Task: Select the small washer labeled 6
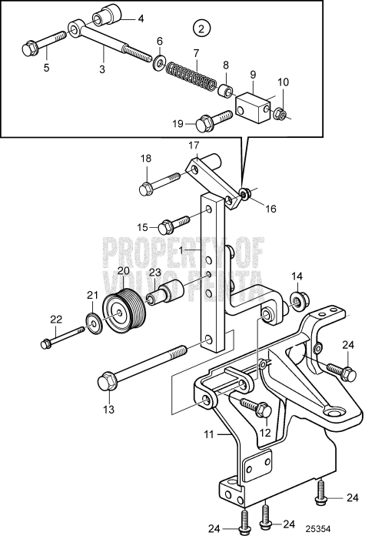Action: coord(159,62)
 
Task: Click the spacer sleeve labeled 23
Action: coord(171,294)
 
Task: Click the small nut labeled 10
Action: coord(281,115)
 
